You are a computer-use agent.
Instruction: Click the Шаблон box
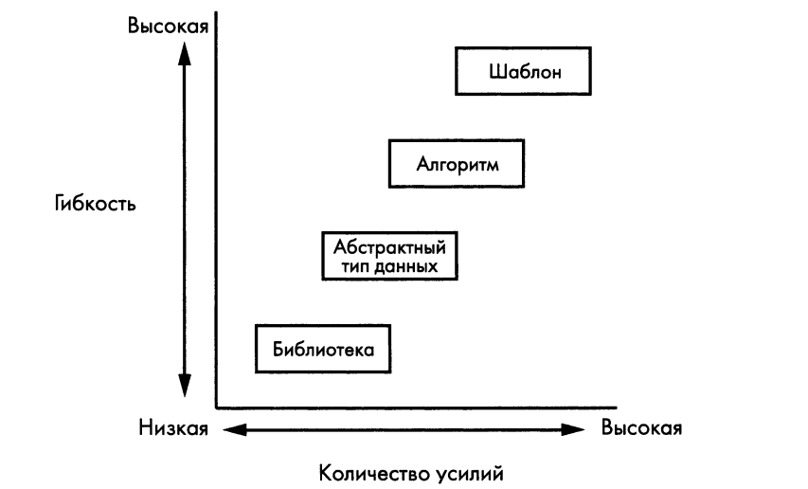point(524,72)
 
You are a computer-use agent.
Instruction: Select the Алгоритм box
point(457,163)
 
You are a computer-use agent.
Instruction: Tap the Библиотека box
point(323,349)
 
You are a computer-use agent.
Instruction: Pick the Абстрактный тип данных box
point(390,256)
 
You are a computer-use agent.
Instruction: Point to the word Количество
point(365,470)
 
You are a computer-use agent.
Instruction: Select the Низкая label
point(172,428)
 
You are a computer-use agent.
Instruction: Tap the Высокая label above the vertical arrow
point(168,24)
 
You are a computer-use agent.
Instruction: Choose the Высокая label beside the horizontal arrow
point(642,428)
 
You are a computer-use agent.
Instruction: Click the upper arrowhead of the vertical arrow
point(185,52)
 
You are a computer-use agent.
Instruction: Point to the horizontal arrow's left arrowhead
point(231,429)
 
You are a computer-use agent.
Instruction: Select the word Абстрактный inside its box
point(390,248)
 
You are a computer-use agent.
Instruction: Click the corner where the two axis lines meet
point(217,407)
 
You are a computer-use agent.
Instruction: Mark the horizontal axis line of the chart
point(417,407)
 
